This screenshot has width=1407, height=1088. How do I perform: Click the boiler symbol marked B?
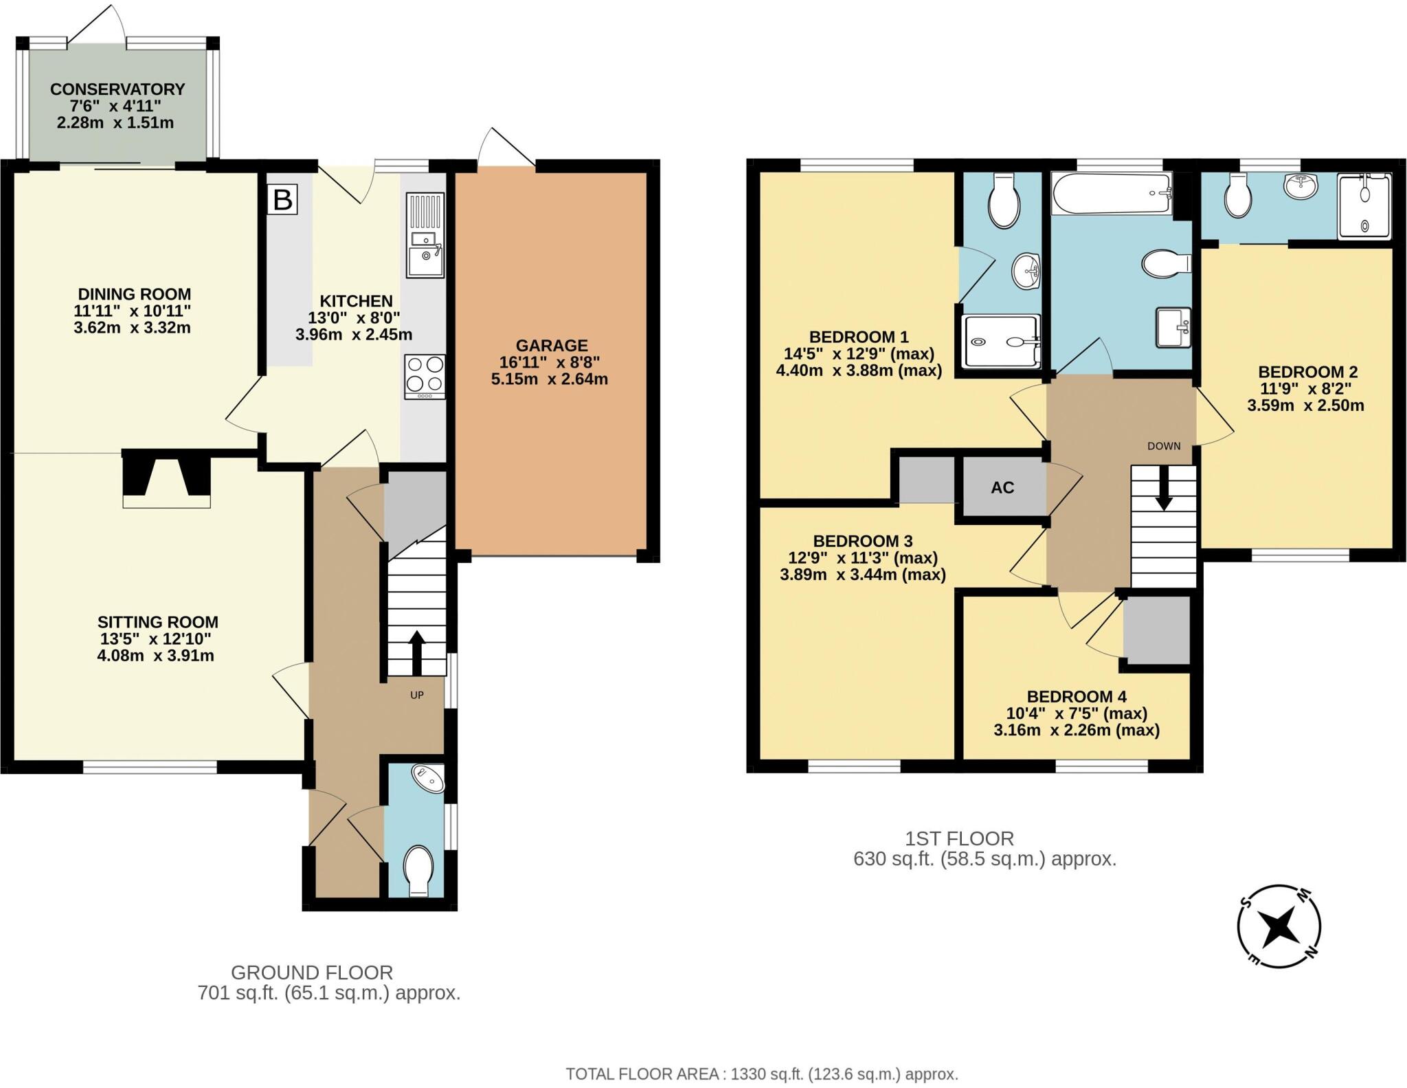click(282, 200)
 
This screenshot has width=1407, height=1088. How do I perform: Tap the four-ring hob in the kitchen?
click(425, 375)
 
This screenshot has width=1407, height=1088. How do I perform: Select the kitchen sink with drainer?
click(425, 235)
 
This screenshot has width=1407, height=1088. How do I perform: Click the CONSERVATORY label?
click(117, 89)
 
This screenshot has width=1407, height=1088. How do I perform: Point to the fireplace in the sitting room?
click(166, 478)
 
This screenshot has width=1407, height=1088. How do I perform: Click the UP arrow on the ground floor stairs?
click(417, 652)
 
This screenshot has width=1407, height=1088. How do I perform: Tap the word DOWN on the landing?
click(1164, 446)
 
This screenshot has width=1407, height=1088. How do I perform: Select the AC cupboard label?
click(1002, 488)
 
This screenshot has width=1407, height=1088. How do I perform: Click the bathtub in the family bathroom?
click(1111, 194)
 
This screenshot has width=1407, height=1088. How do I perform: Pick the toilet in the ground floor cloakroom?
click(418, 870)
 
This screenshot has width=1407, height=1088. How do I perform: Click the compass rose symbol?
click(1279, 926)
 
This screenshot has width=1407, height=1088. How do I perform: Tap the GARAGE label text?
click(552, 346)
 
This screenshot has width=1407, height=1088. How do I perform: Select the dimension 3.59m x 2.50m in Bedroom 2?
click(1305, 406)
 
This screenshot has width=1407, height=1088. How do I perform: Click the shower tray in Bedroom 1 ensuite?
click(1001, 341)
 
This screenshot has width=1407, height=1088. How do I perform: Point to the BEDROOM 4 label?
click(1077, 697)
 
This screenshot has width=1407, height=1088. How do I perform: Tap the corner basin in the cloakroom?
click(429, 778)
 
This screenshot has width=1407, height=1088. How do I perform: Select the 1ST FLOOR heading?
click(959, 839)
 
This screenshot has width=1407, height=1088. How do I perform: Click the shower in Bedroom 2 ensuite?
click(1364, 206)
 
